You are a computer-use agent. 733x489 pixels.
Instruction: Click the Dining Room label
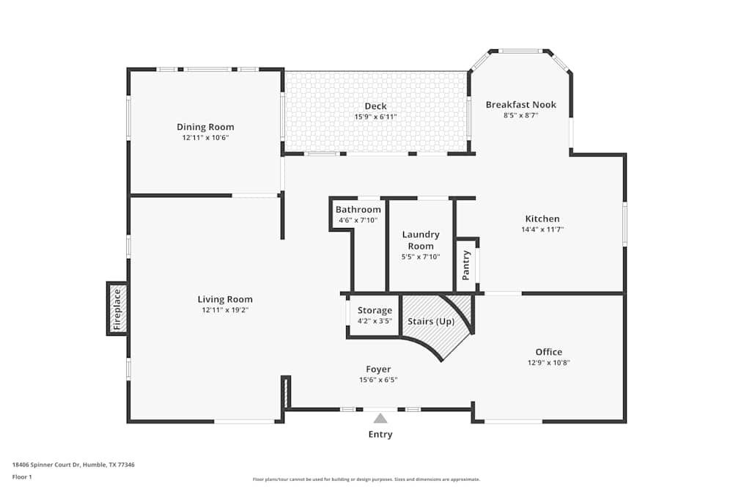(205, 127)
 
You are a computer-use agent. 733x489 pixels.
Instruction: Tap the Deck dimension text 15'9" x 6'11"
(375, 117)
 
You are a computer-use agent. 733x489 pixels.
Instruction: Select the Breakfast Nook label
(520, 105)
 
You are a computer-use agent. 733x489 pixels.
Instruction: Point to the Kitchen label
(542, 218)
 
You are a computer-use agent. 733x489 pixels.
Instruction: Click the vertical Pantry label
(466, 265)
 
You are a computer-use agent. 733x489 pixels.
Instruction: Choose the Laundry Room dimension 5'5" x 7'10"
(421, 257)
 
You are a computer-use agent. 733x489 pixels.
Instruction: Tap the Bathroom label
(358, 210)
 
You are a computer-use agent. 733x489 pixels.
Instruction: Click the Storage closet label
(375, 310)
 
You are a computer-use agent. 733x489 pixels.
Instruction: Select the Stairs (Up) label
(431, 321)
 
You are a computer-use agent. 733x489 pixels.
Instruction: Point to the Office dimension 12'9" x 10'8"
(548, 362)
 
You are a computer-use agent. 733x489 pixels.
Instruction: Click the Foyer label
(378, 369)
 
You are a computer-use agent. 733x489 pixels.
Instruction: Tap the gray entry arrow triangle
(380, 419)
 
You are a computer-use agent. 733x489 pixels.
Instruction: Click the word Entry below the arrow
(380, 434)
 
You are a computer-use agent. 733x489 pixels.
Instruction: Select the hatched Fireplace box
(117, 308)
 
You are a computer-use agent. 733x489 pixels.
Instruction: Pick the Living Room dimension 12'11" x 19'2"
(224, 309)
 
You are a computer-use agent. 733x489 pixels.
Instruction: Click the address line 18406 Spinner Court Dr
(73, 464)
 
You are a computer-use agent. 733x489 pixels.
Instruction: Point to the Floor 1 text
(22, 477)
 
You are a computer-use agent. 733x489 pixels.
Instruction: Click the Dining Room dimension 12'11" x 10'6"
(205, 137)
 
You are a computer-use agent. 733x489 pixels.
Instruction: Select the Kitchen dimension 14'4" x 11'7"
(542, 229)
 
